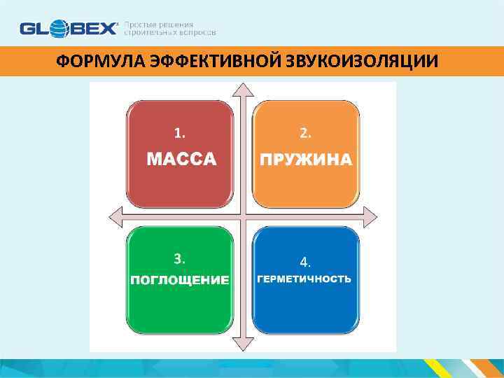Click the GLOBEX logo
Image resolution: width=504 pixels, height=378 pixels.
pos(69,29)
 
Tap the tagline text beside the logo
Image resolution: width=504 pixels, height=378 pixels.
pos(169,29)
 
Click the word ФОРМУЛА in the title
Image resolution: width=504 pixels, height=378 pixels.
pos(99,62)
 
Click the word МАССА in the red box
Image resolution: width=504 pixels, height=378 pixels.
pos(181,160)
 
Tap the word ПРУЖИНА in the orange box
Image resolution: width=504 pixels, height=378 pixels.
pos(306,160)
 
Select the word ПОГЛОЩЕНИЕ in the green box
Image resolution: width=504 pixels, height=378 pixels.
pos(180,280)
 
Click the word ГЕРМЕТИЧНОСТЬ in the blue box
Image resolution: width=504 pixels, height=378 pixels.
pos(304,279)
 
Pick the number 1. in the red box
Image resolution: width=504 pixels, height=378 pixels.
pos(180,132)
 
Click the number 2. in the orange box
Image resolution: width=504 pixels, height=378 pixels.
pos(305,132)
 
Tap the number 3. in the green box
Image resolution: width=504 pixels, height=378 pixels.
pos(180,258)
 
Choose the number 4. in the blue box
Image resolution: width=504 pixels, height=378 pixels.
pos(305,262)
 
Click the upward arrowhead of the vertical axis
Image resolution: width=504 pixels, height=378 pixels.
pos(242,90)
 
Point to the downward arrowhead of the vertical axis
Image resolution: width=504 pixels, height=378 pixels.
pos(242,343)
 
